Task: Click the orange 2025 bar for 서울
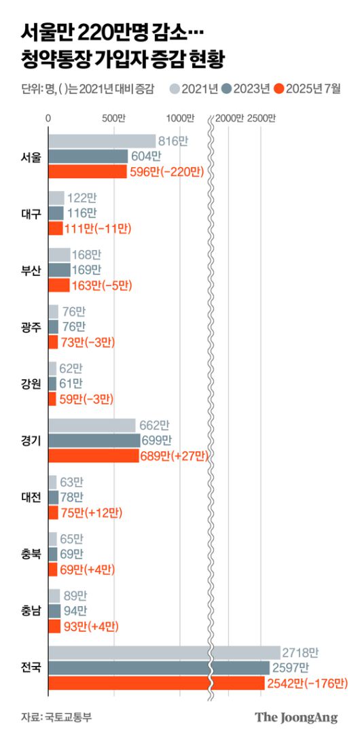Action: (88, 172)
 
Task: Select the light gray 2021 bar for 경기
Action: (92, 425)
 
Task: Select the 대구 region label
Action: (31, 214)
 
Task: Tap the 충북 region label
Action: (31, 553)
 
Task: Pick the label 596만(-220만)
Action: (166, 172)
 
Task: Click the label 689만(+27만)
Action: (175, 455)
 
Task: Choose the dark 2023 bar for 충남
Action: (55, 610)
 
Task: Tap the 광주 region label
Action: (31, 327)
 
